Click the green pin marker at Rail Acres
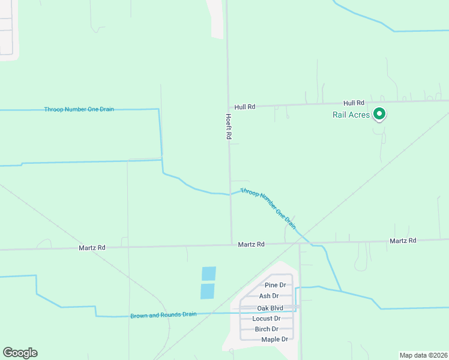[379, 113]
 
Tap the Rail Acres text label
[351, 115]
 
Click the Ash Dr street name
[268, 296]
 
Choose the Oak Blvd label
[270, 308]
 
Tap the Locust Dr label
[266, 319]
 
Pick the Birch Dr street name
[267, 329]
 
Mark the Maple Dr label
[274, 340]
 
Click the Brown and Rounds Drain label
[163, 315]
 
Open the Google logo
[20, 353]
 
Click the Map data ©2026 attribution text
[423, 355]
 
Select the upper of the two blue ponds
[208, 274]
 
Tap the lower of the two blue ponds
[207, 292]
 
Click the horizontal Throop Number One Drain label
[79, 109]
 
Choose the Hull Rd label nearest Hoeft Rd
[245, 107]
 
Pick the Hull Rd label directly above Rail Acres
[354, 103]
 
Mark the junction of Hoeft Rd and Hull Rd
[228, 107]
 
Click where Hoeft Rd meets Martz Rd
[232, 244]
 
